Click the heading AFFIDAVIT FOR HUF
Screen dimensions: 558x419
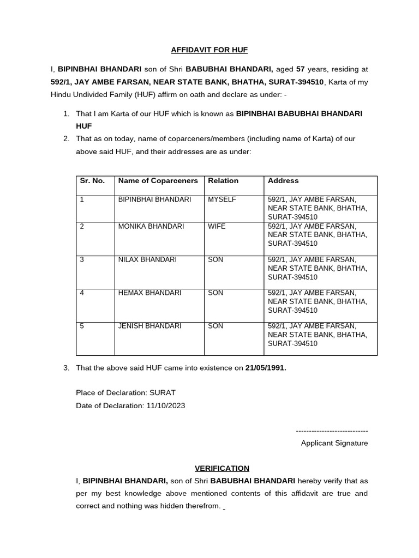[209, 50]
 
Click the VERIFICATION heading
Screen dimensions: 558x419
[222, 468]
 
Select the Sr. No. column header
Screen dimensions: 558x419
[92, 180]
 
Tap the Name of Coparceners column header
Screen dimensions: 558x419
[158, 180]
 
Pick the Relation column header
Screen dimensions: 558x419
[223, 180]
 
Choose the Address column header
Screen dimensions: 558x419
[283, 180]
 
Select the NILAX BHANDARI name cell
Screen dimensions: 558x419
[147, 259]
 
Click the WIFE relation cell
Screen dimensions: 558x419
[217, 226]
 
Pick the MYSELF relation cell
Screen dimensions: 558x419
[222, 199]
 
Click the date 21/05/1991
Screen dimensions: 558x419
[266, 368]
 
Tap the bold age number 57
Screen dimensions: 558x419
[300, 69]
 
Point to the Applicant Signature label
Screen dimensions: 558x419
[334, 443]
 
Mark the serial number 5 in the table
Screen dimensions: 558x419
[82, 326]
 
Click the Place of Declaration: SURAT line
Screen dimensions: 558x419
[125, 392]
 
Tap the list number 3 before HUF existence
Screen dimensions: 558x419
[65, 368]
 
